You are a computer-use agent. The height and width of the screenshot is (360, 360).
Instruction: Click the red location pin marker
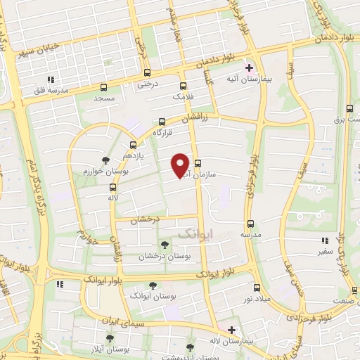tap(180, 164)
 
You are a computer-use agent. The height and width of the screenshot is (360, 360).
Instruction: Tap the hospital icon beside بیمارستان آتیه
tap(248, 68)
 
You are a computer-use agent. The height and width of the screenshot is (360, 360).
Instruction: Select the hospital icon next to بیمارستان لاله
tap(231, 329)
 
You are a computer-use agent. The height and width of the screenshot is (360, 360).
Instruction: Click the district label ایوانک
tap(195, 233)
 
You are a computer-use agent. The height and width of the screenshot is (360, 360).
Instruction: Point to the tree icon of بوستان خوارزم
tap(105, 160)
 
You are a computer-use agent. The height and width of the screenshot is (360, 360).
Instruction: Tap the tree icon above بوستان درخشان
tap(165, 245)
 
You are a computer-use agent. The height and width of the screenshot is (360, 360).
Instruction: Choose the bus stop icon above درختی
tap(147, 72)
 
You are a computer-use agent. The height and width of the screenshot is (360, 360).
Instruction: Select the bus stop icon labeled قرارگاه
tap(162, 121)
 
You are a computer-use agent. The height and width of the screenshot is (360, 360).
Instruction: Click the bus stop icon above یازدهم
tap(133, 146)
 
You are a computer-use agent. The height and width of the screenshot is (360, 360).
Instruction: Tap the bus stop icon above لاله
tap(112, 187)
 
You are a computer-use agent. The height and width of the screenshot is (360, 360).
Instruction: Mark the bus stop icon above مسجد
tap(104, 88)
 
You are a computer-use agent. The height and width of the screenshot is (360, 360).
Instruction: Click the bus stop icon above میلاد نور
tap(256, 287)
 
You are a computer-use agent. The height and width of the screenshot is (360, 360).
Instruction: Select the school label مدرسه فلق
tap(50, 91)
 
